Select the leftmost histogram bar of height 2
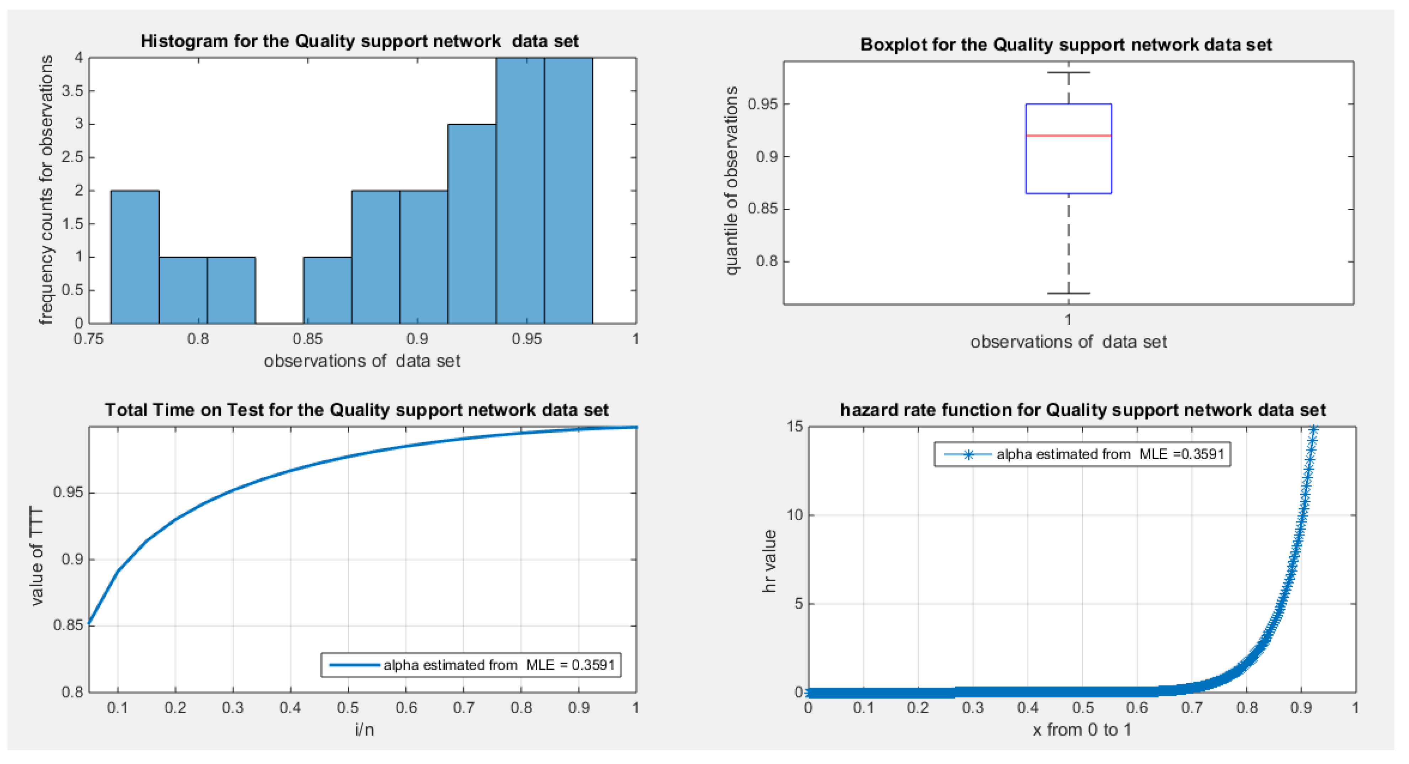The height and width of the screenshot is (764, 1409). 135,257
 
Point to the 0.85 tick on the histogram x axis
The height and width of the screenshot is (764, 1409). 308,339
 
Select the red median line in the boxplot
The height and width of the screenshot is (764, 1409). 1068,135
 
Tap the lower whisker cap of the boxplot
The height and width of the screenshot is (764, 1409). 1068,294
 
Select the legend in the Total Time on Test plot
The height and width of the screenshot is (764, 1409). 471,665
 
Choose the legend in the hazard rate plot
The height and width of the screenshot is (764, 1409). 1082,454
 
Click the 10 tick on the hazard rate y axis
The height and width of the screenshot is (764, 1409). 794,515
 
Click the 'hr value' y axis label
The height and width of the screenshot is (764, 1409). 769,561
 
